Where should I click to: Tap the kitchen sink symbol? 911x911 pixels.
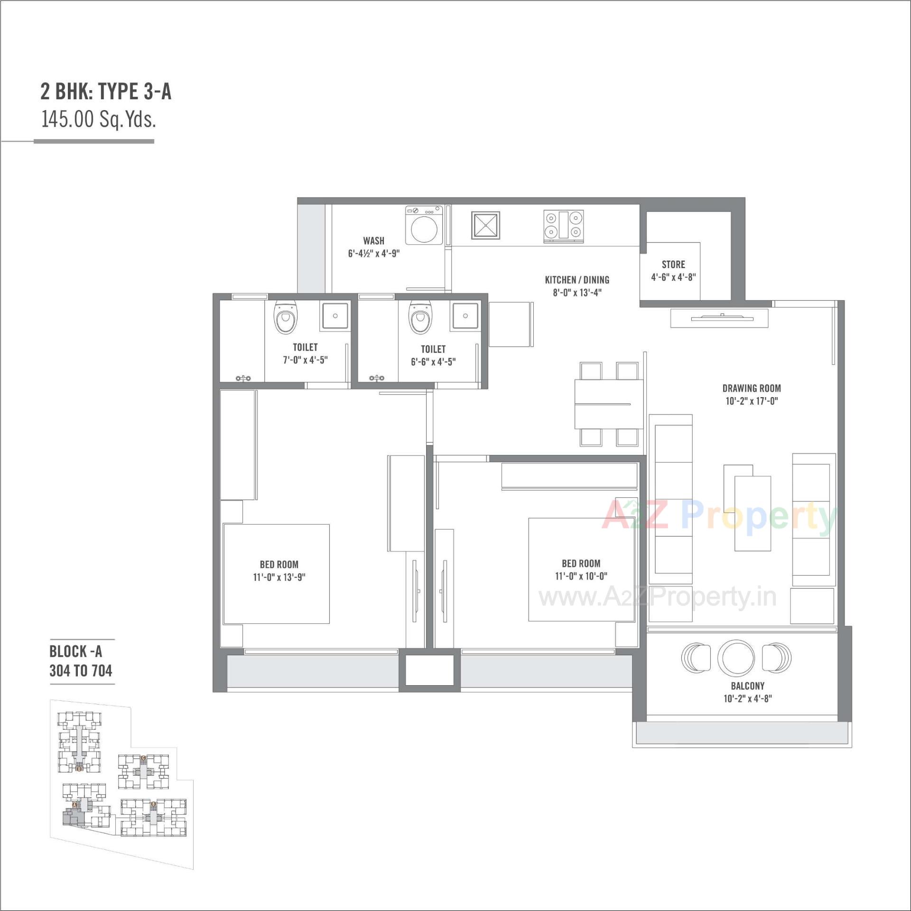485,225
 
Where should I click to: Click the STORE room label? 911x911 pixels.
673,264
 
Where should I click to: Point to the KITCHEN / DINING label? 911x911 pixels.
577,280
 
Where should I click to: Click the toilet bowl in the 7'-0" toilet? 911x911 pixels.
285,316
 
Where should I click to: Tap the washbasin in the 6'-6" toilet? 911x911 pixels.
465,316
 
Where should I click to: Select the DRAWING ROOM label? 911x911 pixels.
752,388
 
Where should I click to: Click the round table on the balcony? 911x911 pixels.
736,658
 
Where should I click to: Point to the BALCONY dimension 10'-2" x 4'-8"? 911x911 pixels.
748,698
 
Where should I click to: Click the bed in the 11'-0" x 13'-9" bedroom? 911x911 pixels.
276,574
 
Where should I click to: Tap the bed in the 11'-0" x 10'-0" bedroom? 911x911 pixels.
581,569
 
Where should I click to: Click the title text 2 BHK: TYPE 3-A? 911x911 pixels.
106,92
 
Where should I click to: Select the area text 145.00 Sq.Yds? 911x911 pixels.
99,119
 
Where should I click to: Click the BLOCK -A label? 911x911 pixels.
76,651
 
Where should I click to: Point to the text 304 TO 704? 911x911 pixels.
81,670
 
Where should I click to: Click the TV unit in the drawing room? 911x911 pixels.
719,318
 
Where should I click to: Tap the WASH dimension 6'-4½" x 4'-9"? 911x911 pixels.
374,253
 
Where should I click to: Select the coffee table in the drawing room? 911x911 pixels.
752,512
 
